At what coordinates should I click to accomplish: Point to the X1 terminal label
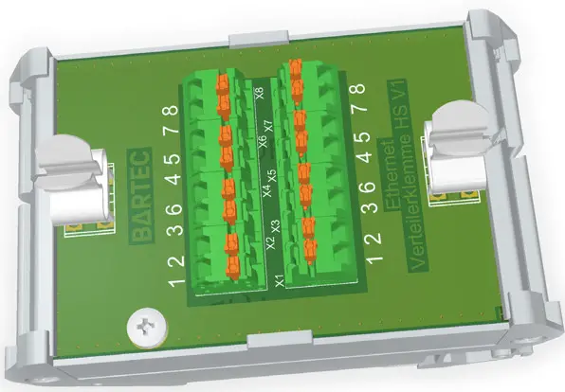[x=279, y=280]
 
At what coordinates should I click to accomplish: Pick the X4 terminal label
[x=266, y=191]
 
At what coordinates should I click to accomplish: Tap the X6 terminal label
[x=263, y=143]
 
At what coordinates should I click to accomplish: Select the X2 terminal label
[x=270, y=244]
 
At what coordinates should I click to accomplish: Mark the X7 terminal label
[x=268, y=125]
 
